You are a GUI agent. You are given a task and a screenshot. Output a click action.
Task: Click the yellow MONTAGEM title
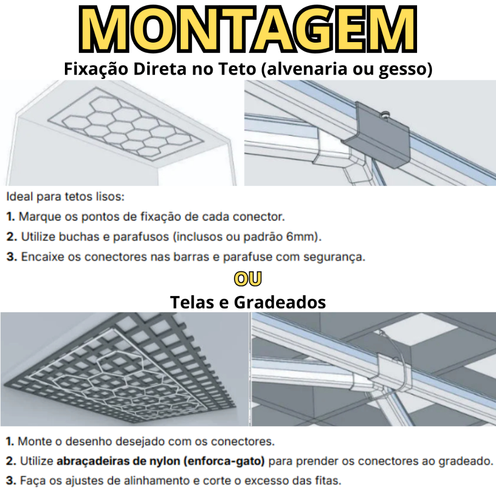pyautogui.click(x=248, y=29)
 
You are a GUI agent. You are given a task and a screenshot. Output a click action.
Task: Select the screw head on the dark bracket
pyautogui.click(x=385, y=115)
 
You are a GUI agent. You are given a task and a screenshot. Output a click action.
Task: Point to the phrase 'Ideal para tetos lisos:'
pyautogui.click(x=65, y=197)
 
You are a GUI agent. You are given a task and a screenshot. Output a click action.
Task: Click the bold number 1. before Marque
pyautogui.click(x=11, y=217)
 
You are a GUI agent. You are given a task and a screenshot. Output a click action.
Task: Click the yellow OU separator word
pyautogui.click(x=248, y=279)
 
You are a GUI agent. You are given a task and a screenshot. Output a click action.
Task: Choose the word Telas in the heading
pyautogui.click(x=192, y=302)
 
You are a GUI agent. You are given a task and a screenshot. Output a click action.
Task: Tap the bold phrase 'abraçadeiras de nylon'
pyautogui.click(x=118, y=461)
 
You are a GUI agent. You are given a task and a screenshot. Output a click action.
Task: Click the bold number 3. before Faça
pyautogui.click(x=11, y=481)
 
